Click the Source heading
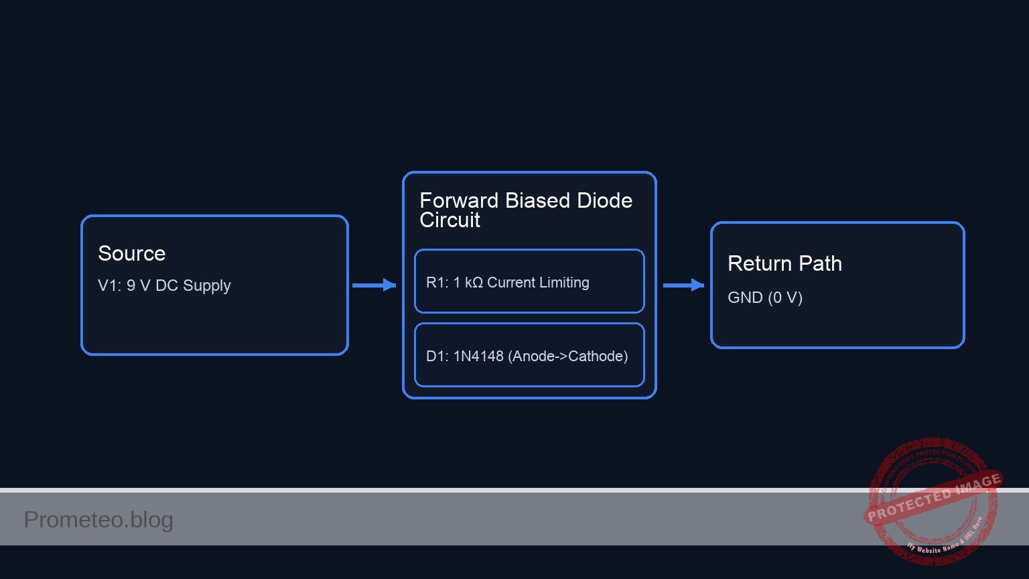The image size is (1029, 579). click(131, 253)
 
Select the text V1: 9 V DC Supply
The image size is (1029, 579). click(164, 285)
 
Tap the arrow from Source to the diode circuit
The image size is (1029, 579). click(374, 285)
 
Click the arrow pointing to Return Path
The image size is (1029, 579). click(683, 285)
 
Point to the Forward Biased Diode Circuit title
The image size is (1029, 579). click(525, 210)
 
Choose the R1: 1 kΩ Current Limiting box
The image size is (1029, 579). click(529, 281)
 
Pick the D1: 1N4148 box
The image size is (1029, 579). click(529, 355)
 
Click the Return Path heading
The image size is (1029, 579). click(784, 263)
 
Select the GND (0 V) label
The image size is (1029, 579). click(765, 298)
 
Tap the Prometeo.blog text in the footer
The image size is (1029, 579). click(98, 519)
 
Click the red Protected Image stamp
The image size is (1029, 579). click(933, 499)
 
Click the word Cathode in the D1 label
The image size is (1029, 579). click(598, 356)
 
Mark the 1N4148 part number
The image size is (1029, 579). click(478, 356)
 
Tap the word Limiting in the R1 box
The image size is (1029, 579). click(567, 283)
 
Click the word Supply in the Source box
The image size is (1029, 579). click(206, 285)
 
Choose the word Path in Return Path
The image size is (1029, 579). click(821, 263)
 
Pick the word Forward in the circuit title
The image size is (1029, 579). click(459, 200)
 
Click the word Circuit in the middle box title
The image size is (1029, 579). click(450, 220)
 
